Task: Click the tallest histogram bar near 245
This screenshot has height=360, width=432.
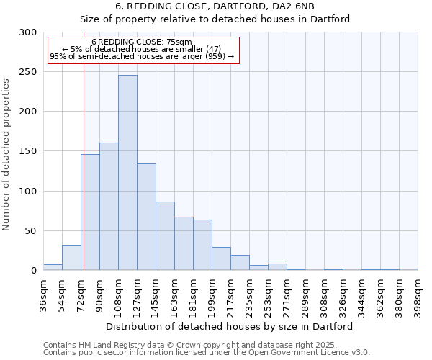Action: (127, 173)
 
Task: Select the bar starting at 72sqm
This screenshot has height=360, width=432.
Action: (90, 212)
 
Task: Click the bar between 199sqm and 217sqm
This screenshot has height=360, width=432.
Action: (221, 258)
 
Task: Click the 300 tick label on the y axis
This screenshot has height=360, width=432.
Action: (28, 32)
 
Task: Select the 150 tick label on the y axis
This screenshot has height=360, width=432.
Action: (28, 151)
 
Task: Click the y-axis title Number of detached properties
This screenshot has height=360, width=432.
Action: (6, 155)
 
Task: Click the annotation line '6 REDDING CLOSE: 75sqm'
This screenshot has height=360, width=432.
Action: (142, 42)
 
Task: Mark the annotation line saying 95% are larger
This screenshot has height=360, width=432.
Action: (142, 56)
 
